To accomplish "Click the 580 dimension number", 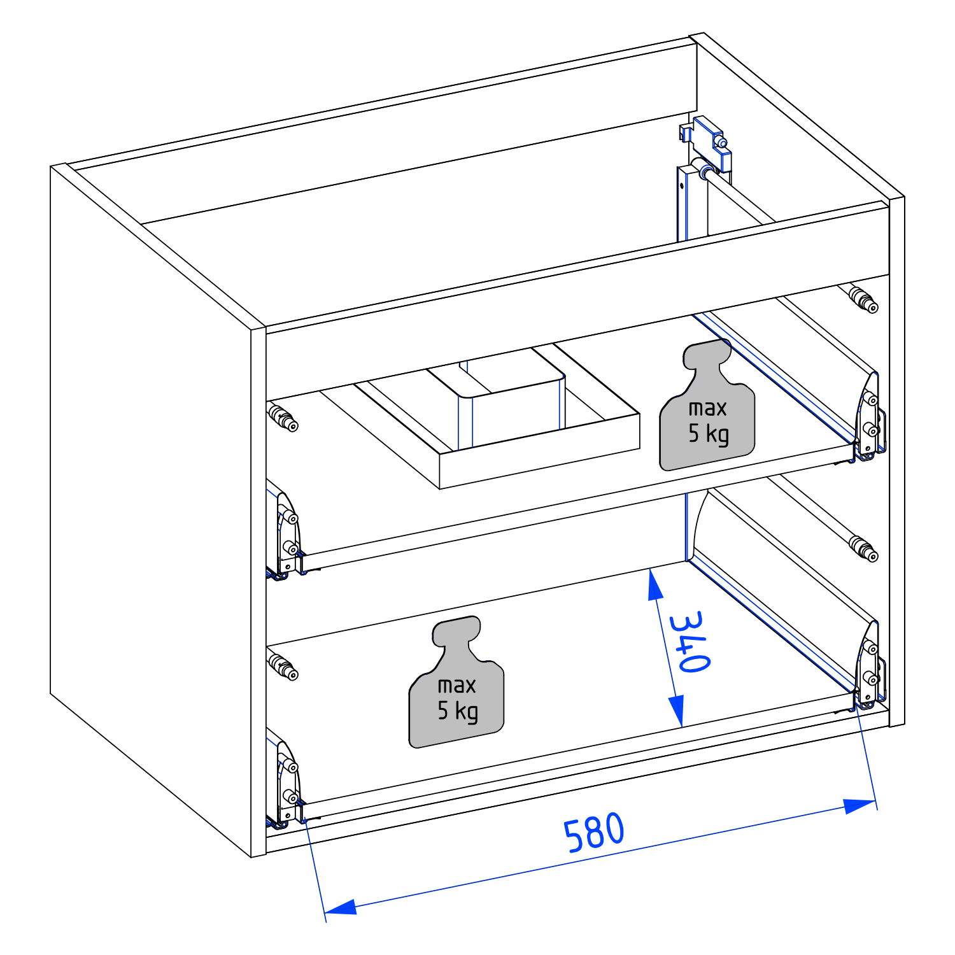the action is coord(594,833).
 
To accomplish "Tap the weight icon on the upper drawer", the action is coord(707,406).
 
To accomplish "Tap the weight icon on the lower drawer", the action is coord(456,682).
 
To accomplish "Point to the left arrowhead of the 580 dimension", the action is coord(339,907).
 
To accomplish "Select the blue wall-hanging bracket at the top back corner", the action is coord(705,145).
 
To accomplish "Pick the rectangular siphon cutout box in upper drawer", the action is coord(512,406).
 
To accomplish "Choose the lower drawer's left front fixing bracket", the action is coord(284,783).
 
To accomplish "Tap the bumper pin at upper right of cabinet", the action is coord(863,300).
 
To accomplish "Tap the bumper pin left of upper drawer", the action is coord(283,417).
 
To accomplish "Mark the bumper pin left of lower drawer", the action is coord(283,666).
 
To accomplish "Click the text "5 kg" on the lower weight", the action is coord(457,711).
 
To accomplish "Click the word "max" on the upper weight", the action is coord(707,407).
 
